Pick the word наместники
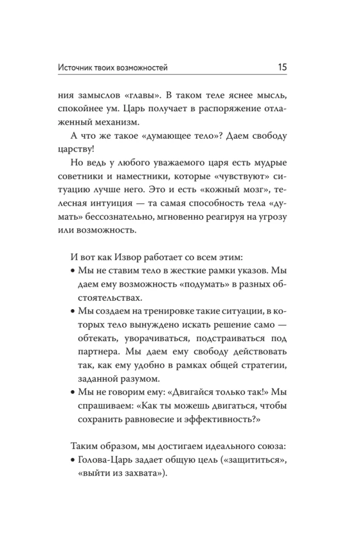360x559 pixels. coord(154,177)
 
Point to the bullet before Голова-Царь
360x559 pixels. coord(75,458)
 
